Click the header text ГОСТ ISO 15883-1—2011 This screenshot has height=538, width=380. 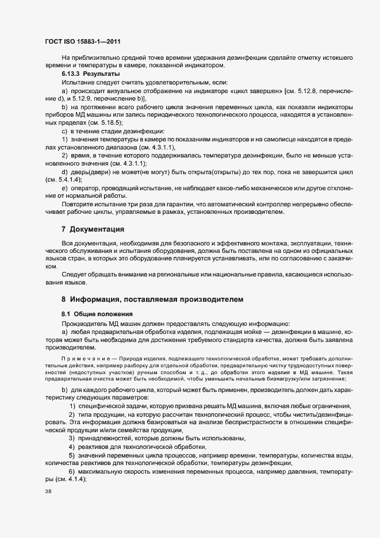[x=82, y=41]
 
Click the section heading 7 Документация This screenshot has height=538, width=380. [x=93, y=229]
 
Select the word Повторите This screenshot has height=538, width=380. [x=77, y=203]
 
